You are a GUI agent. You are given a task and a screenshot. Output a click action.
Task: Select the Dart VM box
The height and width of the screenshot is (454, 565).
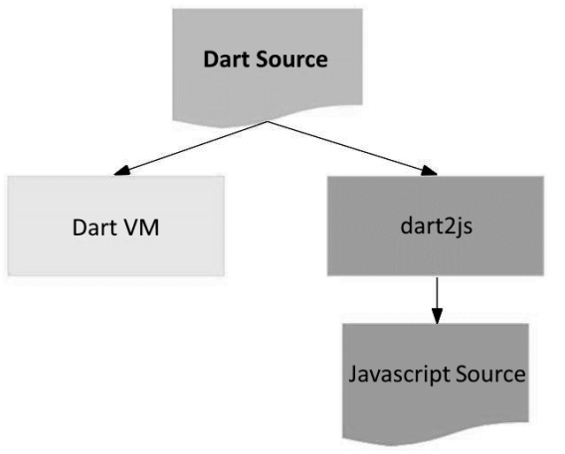coord(116,226)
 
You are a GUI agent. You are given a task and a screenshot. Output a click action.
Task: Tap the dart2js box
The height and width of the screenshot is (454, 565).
coord(436,226)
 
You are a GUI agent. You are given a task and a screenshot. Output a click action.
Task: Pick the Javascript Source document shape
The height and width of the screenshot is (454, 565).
coord(436,383)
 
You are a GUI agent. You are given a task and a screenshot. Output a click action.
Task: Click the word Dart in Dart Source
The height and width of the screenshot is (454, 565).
coord(227,59)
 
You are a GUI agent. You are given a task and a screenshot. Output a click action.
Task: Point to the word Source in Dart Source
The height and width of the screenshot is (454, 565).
coord(291,59)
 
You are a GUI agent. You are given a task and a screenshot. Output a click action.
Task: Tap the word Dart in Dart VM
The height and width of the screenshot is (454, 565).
coord(95,227)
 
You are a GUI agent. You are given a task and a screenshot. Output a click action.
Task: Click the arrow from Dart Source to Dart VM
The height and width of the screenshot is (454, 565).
coord(191,148)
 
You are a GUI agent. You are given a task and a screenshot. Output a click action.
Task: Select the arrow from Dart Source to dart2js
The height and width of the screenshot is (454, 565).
coord(352,148)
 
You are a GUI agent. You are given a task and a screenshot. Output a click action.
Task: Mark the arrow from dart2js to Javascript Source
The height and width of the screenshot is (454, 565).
coord(437,300)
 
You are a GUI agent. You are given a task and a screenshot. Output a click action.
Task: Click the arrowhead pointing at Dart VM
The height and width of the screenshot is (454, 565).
coord(121,171)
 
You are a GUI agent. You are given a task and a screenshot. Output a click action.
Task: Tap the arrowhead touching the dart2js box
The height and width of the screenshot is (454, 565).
coord(430,171)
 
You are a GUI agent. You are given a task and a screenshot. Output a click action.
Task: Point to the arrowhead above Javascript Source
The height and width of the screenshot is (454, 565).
coord(437,316)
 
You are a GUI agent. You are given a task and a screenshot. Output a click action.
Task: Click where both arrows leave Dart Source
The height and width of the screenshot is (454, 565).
coord(268,121)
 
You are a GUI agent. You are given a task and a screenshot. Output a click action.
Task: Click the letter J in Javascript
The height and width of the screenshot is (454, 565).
coord(353,375)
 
